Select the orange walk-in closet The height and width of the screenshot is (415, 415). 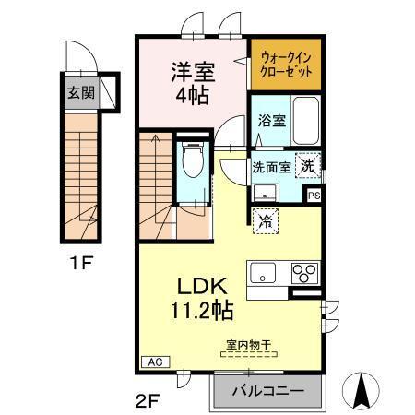coord(286,64)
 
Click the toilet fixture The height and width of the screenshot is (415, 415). coord(192,161)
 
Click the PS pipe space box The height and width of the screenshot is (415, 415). coord(314,196)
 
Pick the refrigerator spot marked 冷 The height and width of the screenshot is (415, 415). coord(265,220)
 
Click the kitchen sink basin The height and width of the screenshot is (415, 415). coord(262,273)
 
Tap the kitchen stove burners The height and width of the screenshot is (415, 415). coord(303,273)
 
